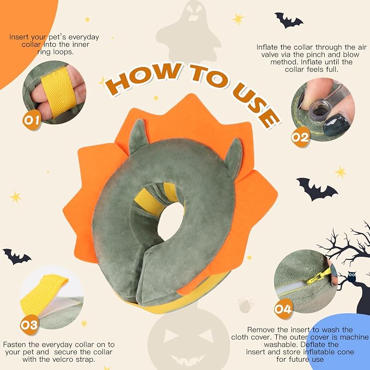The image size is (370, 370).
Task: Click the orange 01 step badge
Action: pyautogui.click(x=32, y=120)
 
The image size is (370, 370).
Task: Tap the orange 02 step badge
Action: pyautogui.click(x=300, y=137)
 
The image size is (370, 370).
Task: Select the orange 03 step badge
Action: pyautogui.click(x=29, y=325)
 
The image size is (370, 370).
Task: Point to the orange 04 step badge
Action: pyautogui.click(x=283, y=308)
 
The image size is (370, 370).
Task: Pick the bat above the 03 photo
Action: pyautogui.click(x=16, y=256)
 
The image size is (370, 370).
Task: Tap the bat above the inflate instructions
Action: pyautogui.click(x=288, y=20)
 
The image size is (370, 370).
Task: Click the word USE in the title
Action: pyautogui.click(x=256, y=104)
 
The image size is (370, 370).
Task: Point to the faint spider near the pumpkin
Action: pyautogui.click(x=245, y=305)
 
